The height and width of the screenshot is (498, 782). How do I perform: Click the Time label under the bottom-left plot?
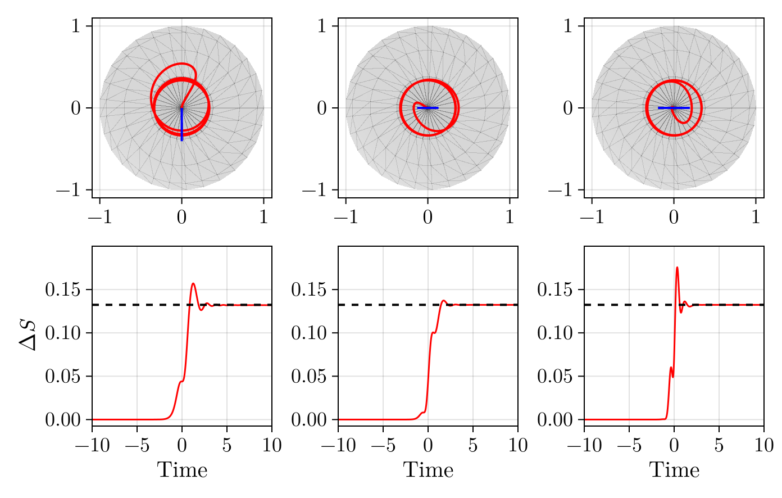[x=182, y=470]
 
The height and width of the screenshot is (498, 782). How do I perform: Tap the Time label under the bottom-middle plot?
[x=428, y=470]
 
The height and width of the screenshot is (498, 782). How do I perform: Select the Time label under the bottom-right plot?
[x=674, y=470]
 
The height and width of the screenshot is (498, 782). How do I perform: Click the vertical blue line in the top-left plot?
[x=182, y=126]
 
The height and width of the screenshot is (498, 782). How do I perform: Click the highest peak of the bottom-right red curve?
[x=677, y=268]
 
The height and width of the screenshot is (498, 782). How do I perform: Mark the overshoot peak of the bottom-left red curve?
[x=193, y=284]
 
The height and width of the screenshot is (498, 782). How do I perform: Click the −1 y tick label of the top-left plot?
[x=70, y=190]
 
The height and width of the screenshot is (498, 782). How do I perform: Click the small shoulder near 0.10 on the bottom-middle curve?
[x=433, y=333]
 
